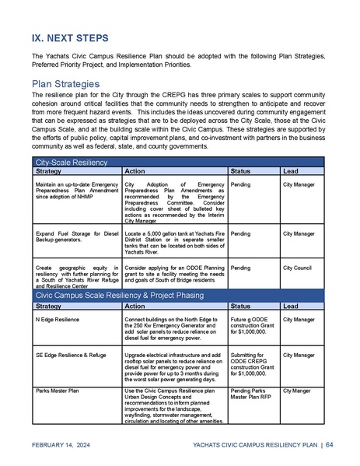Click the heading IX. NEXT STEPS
point(71,37)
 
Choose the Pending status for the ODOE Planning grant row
point(241,267)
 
